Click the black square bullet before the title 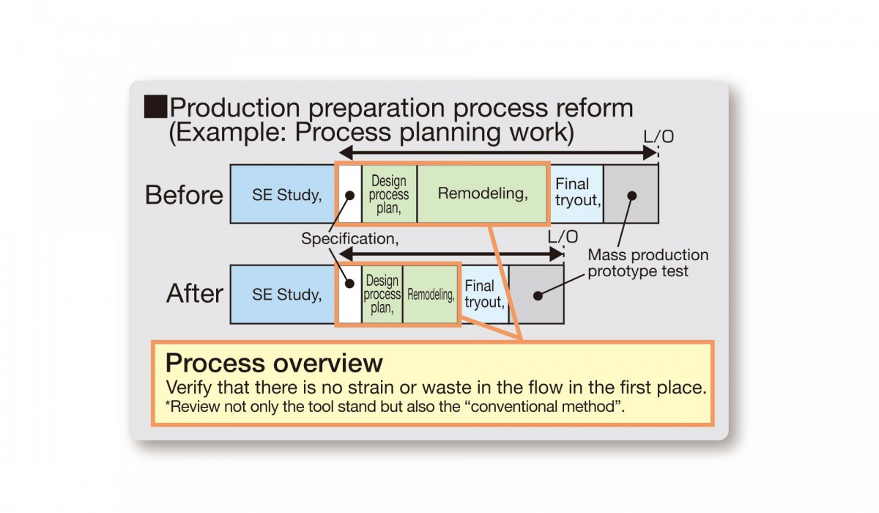coord(155,106)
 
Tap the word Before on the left coord(184,195)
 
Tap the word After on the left coord(195,293)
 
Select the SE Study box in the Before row coord(283,194)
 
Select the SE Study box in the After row coord(283,295)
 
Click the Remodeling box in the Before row coord(482,194)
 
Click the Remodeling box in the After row coord(431,295)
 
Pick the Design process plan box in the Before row coord(389,194)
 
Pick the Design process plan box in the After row coord(382,295)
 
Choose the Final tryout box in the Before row coord(577,194)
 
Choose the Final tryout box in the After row coord(485,295)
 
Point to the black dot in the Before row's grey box coord(631,196)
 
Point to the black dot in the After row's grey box coord(538,295)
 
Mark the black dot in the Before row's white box coord(349,196)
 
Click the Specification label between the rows coord(349,239)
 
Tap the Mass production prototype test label coord(648,263)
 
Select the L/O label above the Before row coord(659,136)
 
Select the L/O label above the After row coord(563,237)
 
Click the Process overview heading coord(274,363)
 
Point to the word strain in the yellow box coord(371,388)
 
